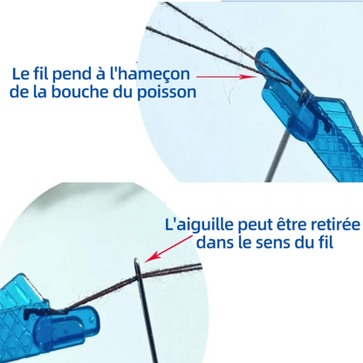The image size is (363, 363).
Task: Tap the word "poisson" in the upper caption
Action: [x=167, y=92]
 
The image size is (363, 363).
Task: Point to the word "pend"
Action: [x=72, y=74]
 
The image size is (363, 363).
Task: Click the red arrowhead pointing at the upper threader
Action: [x=250, y=77]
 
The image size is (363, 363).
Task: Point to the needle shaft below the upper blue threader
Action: [x=277, y=158]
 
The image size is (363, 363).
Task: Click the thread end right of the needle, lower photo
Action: [x=200, y=266]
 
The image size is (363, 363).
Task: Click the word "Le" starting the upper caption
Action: [x=20, y=74]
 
